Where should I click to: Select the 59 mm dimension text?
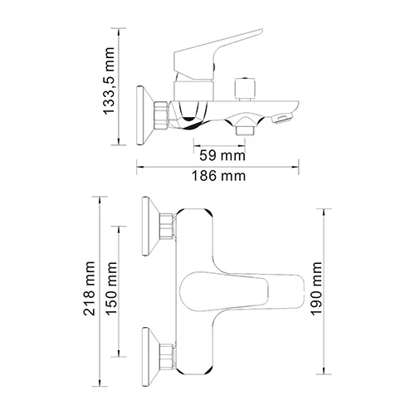pyautogui.click(x=224, y=154)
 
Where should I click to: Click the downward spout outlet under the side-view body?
pyautogui.click(x=244, y=129)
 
